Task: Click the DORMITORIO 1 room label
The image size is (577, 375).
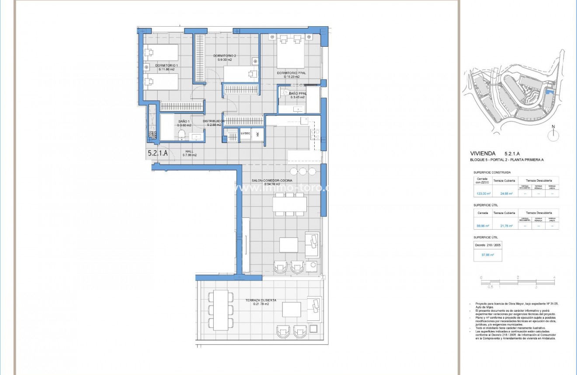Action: coord(167,65)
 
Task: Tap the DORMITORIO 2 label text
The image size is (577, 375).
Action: coord(225,56)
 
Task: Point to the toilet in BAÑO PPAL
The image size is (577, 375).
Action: coord(285,93)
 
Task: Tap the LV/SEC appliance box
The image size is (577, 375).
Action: coord(245,133)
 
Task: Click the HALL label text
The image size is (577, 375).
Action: coord(189,151)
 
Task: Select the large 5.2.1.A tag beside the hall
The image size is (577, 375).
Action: coord(158,153)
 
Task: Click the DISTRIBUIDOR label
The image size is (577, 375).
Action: coord(214,121)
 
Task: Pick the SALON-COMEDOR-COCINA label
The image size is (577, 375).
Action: coord(271,180)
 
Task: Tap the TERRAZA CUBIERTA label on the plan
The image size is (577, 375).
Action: coord(261,300)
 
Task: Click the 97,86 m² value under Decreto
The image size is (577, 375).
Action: coord(488,255)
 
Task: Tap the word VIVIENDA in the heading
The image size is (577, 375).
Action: coord(483,154)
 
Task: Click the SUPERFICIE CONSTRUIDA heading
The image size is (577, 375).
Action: coord(492,172)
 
